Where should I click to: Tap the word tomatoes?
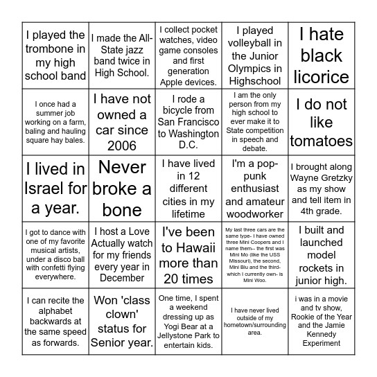[x=321, y=141]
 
